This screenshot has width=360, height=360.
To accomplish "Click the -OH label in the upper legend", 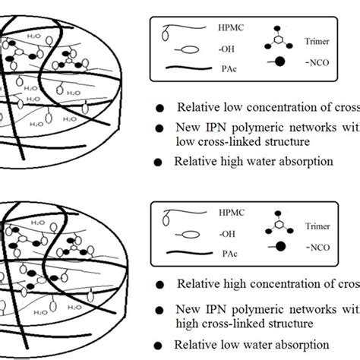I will (x=216, y=52).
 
